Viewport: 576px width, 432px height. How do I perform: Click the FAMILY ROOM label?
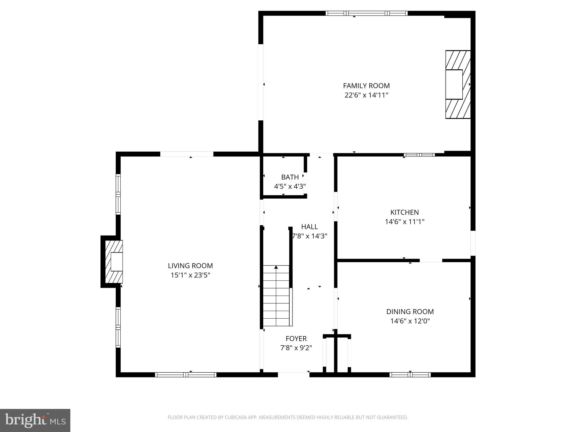click(366, 85)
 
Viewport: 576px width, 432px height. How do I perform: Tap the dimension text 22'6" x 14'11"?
click(366, 95)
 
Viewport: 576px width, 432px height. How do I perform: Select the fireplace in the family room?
click(458, 84)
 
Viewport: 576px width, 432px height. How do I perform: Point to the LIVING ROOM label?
click(190, 265)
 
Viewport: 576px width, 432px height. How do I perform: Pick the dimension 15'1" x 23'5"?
click(190, 275)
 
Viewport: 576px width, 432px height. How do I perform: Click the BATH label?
click(290, 177)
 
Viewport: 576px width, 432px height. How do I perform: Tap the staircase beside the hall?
click(276, 295)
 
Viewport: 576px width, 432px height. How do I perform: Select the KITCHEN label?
click(404, 212)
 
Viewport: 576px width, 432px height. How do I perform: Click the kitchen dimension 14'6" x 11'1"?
click(404, 222)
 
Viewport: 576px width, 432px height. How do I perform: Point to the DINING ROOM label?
click(410, 311)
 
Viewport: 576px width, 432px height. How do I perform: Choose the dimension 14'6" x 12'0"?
click(410, 321)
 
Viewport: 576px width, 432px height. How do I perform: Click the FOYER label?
click(296, 338)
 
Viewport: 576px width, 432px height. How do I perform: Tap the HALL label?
click(309, 226)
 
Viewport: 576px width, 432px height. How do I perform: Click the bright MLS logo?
click(35, 420)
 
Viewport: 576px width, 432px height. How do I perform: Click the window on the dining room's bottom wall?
click(410, 374)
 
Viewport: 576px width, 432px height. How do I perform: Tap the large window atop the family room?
click(366, 13)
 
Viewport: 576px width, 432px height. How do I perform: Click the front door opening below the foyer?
click(293, 374)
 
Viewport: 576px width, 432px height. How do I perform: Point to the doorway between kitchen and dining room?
click(431, 260)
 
